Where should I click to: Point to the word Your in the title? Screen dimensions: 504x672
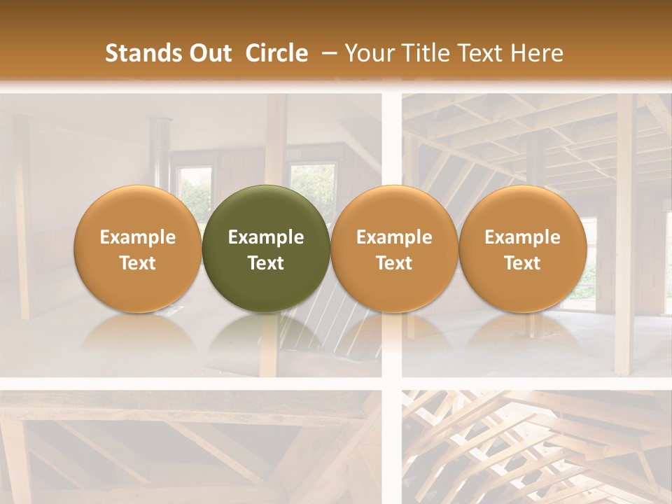point(368,53)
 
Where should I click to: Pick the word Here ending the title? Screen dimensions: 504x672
point(537,53)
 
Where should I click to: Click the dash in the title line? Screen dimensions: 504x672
point(327,53)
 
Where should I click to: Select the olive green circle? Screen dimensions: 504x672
point(266,248)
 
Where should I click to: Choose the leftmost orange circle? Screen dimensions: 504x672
point(138,248)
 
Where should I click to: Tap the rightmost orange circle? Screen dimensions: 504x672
point(523,248)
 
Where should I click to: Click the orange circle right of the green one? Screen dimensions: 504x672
point(394,248)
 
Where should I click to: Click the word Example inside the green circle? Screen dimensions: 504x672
point(266,237)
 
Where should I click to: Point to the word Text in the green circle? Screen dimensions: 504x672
point(266,263)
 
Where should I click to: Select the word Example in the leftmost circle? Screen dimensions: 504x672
point(138,237)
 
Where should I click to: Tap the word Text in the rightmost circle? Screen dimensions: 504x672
point(523,263)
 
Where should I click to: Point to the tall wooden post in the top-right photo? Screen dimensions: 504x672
point(624,231)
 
